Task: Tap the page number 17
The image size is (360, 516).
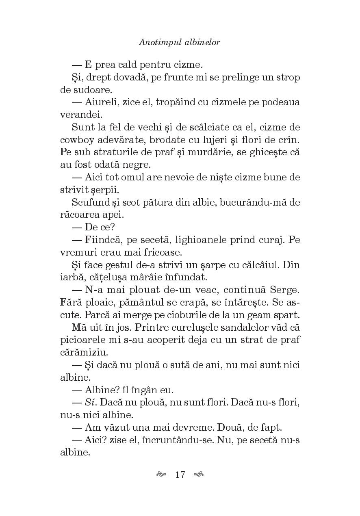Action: coord(180,474)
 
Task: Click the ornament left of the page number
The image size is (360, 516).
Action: coord(161,474)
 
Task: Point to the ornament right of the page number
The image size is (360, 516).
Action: coord(199,474)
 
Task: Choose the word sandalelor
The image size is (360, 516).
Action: coord(241,327)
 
